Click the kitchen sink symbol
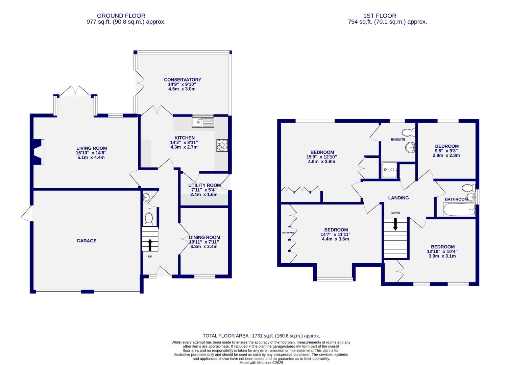click(203, 122)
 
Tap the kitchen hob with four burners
click(222, 145)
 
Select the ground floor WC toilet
click(149, 220)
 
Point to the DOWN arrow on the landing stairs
click(395, 224)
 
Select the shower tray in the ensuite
click(390, 170)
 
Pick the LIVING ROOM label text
click(91, 148)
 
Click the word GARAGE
click(87, 241)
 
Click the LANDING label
click(398, 198)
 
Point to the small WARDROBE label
click(289, 233)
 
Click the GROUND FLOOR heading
click(121, 16)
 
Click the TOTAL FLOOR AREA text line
click(261, 336)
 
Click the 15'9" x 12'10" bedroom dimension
click(322, 157)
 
